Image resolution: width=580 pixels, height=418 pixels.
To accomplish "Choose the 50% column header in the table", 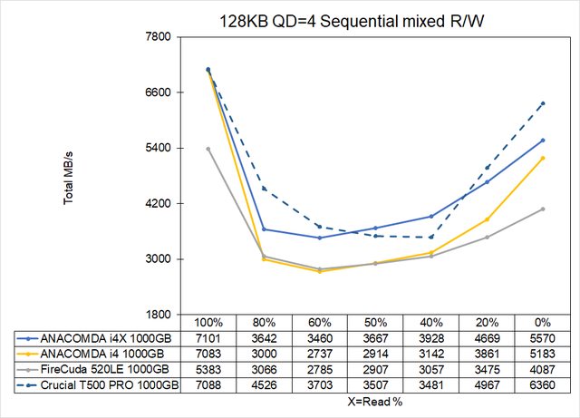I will coord(375,323).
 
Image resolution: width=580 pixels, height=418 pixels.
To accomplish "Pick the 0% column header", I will coord(543,323).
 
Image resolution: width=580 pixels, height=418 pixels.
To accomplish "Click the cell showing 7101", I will coord(208,337).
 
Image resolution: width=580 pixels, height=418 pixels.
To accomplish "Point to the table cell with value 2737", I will coord(319,353).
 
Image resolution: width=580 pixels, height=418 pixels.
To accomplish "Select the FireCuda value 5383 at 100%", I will coord(208,368).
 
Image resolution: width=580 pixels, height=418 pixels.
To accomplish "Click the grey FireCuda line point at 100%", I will coord(208,149).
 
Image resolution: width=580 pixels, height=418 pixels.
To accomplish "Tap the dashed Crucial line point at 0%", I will coord(543,103).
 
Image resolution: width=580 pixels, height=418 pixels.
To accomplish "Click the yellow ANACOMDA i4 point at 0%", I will coord(543,158).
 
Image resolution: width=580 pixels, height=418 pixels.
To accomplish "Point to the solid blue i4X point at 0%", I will coord(543,140).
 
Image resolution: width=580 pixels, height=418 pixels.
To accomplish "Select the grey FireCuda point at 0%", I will coord(543,209).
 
